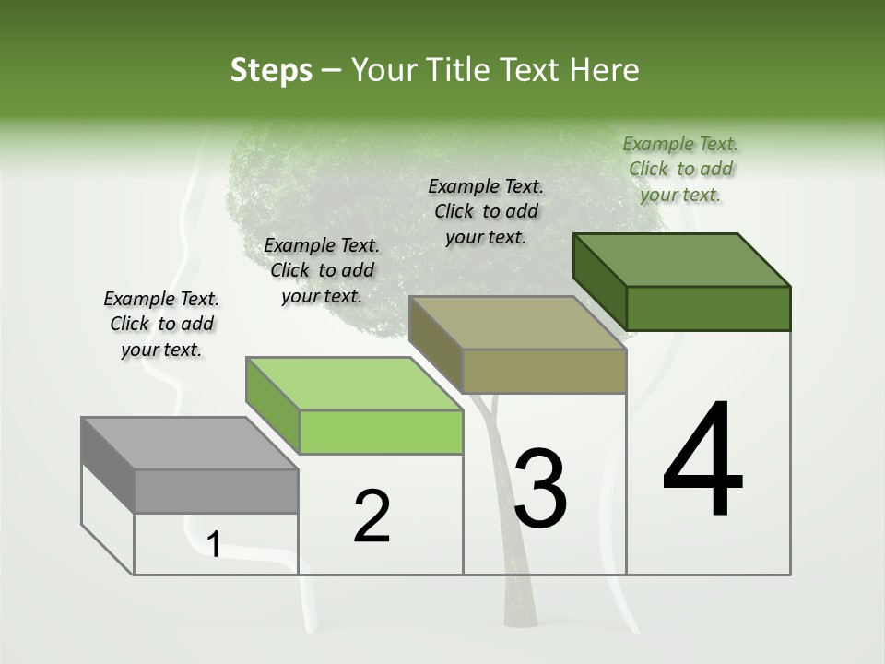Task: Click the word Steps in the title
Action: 270,70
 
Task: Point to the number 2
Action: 372,516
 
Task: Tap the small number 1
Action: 213,545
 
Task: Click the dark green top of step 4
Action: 682,260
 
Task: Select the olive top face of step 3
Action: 517,323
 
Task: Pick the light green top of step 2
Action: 354,384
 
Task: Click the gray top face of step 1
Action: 190,444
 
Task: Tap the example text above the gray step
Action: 161,325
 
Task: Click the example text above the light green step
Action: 322,270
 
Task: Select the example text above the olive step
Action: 486,211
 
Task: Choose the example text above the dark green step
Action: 680,169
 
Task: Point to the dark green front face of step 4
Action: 708,308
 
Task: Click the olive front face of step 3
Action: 544,371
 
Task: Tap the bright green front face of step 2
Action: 381,432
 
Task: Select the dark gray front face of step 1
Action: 216,491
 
